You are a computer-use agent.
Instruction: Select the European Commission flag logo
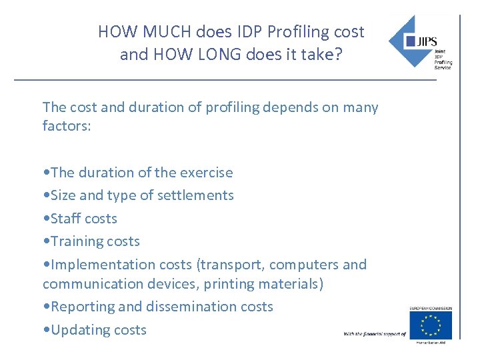(430, 325)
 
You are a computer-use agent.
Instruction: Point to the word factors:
(67, 125)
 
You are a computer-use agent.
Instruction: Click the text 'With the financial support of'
(375, 333)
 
